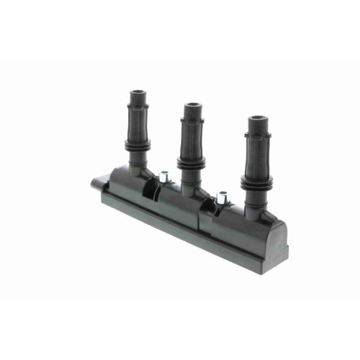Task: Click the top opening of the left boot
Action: pyautogui.click(x=138, y=93)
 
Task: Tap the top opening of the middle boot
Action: pyautogui.click(x=192, y=107)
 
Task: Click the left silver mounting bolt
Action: pyautogui.click(x=164, y=174)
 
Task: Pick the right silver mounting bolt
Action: pyautogui.click(x=222, y=194)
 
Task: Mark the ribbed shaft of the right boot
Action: pyautogui.click(x=258, y=158)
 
